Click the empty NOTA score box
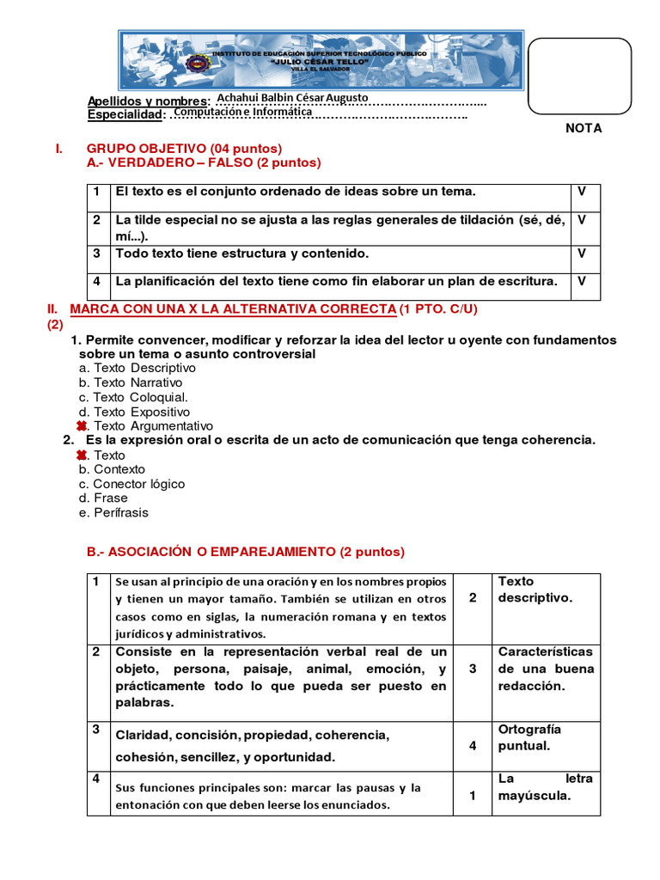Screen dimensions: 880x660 pyautogui.click(x=579, y=76)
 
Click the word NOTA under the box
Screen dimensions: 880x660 pyautogui.click(x=584, y=128)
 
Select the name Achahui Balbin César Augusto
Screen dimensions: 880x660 pyautogui.click(x=293, y=98)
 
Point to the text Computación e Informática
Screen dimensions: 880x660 pyautogui.click(x=242, y=112)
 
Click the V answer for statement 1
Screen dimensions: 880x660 pyautogui.click(x=582, y=192)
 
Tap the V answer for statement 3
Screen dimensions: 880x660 pyautogui.click(x=582, y=254)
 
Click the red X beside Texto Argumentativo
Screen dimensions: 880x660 pyautogui.click(x=82, y=426)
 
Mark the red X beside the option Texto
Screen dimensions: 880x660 pyautogui.click(x=82, y=455)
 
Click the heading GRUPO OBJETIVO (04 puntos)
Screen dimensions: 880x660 pyautogui.click(x=184, y=149)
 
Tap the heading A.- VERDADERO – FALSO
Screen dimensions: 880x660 pyautogui.click(x=204, y=162)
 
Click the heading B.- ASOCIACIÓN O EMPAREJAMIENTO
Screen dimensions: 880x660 pyautogui.click(x=246, y=552)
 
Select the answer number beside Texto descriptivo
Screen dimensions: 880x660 pyautogui.click(x=473, y=597)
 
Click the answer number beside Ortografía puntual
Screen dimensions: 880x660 pyautogui.click(x=473, y=745)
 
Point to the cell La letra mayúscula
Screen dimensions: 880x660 pyautogui.click(x=545, y=787)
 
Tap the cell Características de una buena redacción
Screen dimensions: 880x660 pyautogui.click(x=545, y=669)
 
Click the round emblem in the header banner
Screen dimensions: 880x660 pyautogui.click(x=199, y=63)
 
